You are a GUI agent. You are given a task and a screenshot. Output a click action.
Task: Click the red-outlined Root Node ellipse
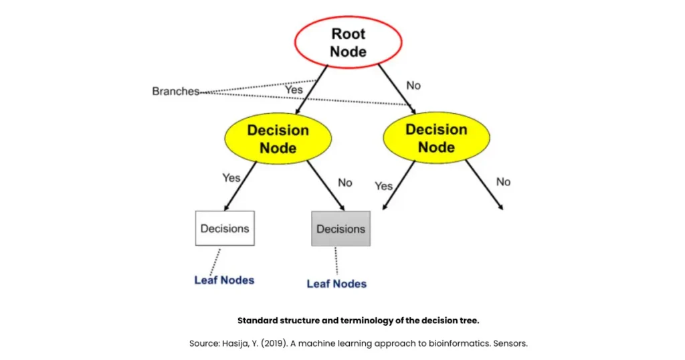click(x=349, y=41)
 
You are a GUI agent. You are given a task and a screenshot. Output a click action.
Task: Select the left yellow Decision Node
click(x=278, y=139)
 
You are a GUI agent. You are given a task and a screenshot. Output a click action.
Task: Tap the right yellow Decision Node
click(x=436, y=138)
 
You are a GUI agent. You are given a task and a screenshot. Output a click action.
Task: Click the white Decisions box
click(x=224, y=228)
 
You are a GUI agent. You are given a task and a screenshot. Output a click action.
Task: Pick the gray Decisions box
click(x=340, y=229)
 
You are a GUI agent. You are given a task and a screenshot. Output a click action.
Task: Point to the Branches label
click(x=175, y=91)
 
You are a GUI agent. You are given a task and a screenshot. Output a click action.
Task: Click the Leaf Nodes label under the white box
click(x=224, y=280)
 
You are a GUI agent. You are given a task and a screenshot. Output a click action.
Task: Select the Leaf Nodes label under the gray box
click(x=336, y=284)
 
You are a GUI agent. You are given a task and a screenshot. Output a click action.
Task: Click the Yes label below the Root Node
click(x=294, y=89)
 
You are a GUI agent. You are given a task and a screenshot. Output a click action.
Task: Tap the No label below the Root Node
click(x=414, y=85)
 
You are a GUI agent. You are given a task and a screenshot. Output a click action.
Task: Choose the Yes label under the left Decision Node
click(x=231, y=177)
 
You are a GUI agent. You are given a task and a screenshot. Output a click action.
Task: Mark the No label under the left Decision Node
click(x=345, y=182)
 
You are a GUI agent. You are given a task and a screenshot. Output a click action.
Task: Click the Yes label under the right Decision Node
click(x=383, y=185)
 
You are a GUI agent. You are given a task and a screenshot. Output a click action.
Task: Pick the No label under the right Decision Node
click(x=503, y=181)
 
